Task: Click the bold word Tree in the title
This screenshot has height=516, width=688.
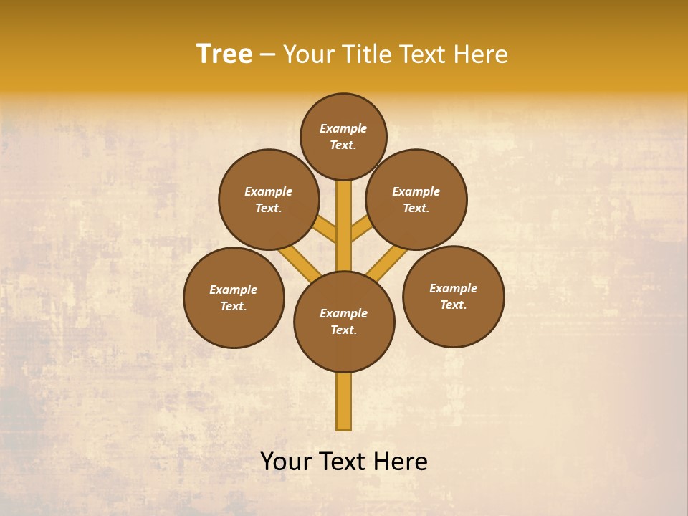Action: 224,54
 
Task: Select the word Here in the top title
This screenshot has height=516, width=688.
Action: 482,54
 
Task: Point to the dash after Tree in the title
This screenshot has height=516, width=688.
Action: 268,55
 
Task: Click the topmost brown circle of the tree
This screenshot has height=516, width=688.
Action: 343,136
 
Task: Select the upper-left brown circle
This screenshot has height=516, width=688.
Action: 269,199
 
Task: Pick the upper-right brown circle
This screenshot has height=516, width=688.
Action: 416,199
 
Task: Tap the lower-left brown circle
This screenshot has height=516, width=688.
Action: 234,297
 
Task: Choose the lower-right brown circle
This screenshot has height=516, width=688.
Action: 454,296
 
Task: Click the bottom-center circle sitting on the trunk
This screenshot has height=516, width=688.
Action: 344,321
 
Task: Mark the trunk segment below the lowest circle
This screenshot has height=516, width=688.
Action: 344,401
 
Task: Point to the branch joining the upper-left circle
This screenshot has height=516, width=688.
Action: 327,231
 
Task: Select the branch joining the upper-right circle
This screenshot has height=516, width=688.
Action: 360,229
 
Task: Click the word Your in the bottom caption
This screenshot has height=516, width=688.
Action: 286,462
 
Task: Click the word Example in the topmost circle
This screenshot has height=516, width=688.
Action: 343,129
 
